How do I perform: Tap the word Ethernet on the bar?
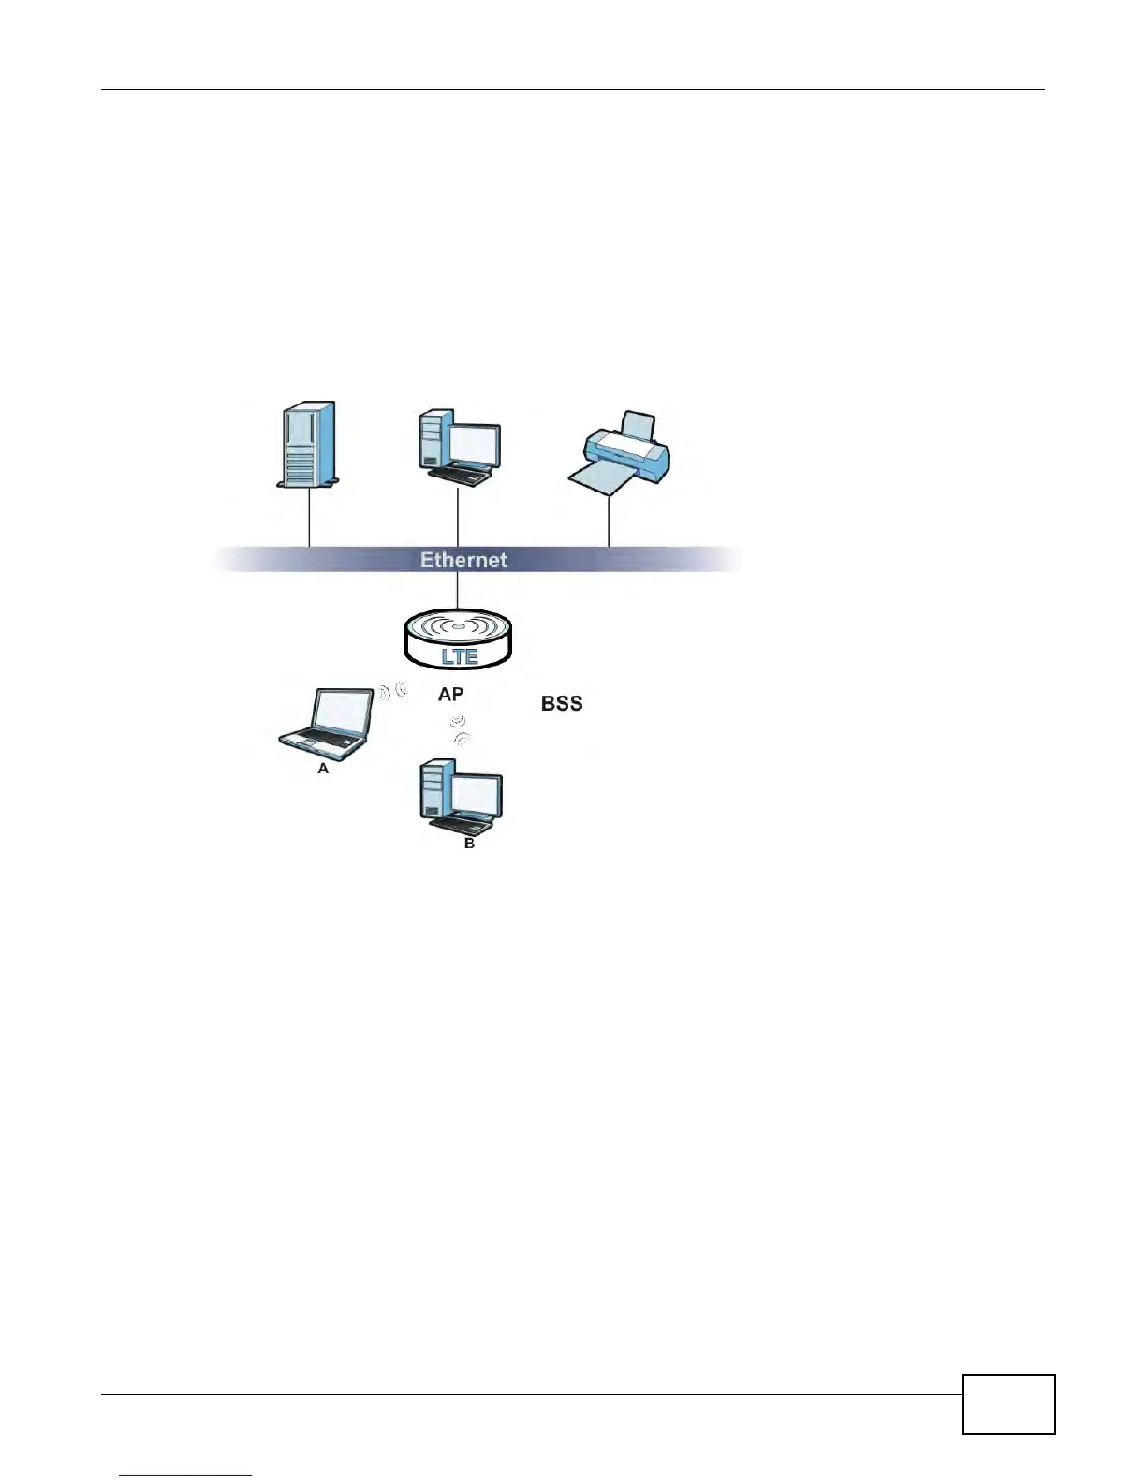(x=463, y=560)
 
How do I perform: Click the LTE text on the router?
(x=459, y=656)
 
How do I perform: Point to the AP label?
(x=450, y=695)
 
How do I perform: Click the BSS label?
(x=562, y=703)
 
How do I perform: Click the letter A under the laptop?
(x=323, y=768)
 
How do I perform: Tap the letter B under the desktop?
(x=469, y=844)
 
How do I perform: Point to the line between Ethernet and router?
(x=457, y=590)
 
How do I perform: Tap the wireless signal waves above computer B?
(x=459, y=731)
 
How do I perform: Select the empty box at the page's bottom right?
(x=1008, y=1404)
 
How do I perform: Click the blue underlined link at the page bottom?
(x=185, y=1475)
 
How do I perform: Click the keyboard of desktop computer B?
(x=460, y=825)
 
